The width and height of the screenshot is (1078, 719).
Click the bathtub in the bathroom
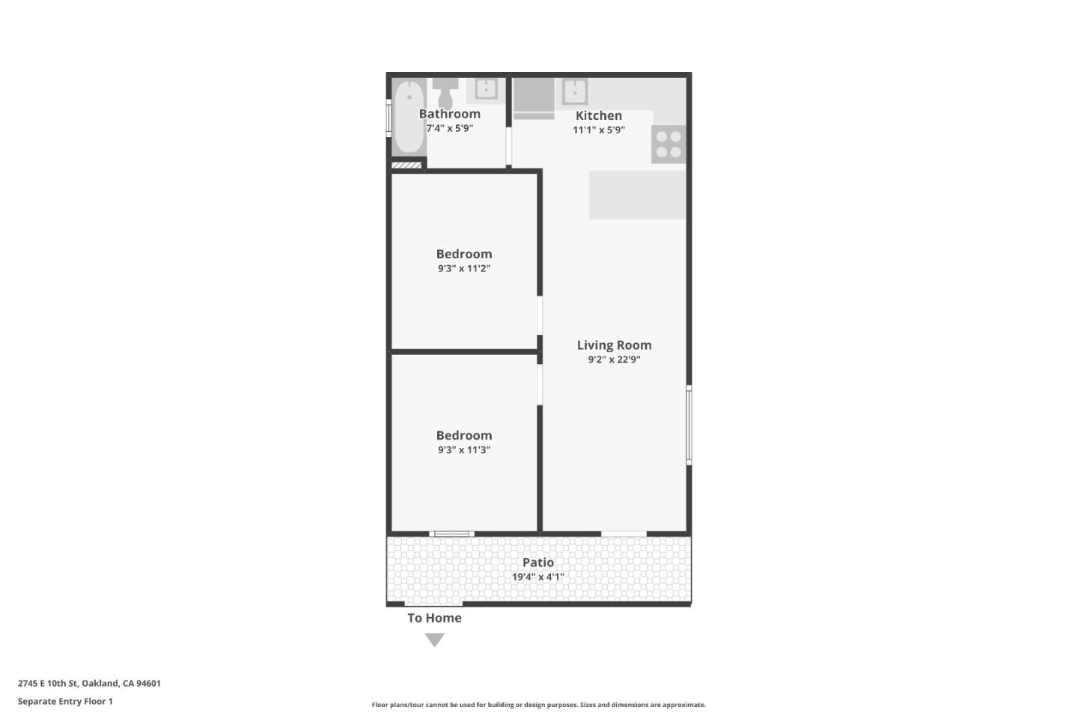(x=409, y=117)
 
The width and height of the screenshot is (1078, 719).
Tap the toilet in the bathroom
(x=445, y=93)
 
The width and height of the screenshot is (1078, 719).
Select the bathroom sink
(x=486, y=90)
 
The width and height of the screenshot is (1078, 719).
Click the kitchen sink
(x=575, y=91)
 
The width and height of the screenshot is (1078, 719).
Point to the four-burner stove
(x=669, y=145)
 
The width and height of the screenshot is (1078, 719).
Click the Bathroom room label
(x=449, y=114)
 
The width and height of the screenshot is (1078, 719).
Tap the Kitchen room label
(x=599, y=115)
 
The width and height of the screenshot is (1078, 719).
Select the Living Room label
(x=614, y=345)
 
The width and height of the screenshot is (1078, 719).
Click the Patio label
(x=538, y=562)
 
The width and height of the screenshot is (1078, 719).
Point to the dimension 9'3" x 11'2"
(x=464, y=268)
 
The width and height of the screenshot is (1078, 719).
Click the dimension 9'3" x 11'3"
(x=464, y=449)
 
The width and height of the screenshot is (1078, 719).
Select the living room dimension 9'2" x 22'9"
(x=614, y=359)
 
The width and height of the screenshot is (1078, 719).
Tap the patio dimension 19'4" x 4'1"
(x=538, y=577)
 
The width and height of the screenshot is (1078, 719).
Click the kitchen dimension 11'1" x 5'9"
(x=599, y=130)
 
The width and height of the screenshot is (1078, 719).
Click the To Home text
(x=434, y=618)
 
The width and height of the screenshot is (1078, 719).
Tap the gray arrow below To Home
(x=435, y=639)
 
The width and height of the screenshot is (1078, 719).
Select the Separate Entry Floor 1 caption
(x=65, y=702)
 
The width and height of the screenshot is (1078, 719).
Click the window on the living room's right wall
(x=689, y=425)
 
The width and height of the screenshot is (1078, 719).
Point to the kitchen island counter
(x=637, y=195)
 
